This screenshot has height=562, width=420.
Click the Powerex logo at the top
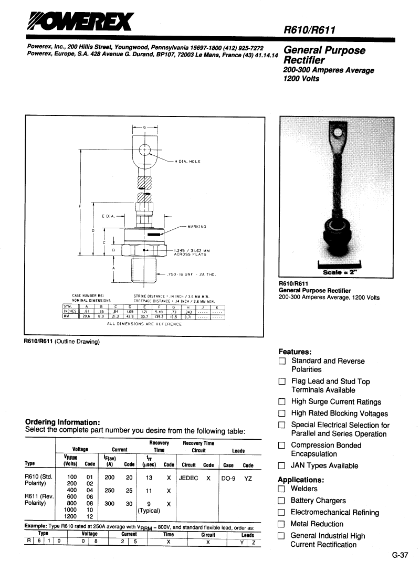pyautogui.click(x=81, y=22)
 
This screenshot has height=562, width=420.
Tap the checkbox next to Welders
pyautogui.click(x=282, y=489)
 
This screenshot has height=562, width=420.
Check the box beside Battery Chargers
pyautogui.click(x=282, y=501)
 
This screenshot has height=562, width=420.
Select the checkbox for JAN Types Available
pyautogui.click(x=282, y=465)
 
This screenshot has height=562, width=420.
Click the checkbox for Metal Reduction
pyautogui.click(x=282, y=524)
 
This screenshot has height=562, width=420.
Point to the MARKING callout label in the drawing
pyautogui.click(x=197, y=227)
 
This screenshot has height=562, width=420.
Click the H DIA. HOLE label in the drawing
pyautogui.click(x=187, y=161)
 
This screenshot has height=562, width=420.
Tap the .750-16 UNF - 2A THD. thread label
pyautogui.click(x=191, y=274)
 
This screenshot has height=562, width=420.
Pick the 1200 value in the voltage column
pyautogui.click(x=70, y=516)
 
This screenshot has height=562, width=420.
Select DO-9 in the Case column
pyautogui.click(x=228, y=478)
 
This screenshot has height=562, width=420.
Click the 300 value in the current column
pyautogui.click(x=109, y=503)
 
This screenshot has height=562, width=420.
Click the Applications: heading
pyautogui.click(x=301, y=480)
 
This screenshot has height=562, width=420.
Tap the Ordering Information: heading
pyautogui.click(x=62, y=422)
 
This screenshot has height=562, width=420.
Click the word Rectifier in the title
pyautogui.click(x=304, y=61)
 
